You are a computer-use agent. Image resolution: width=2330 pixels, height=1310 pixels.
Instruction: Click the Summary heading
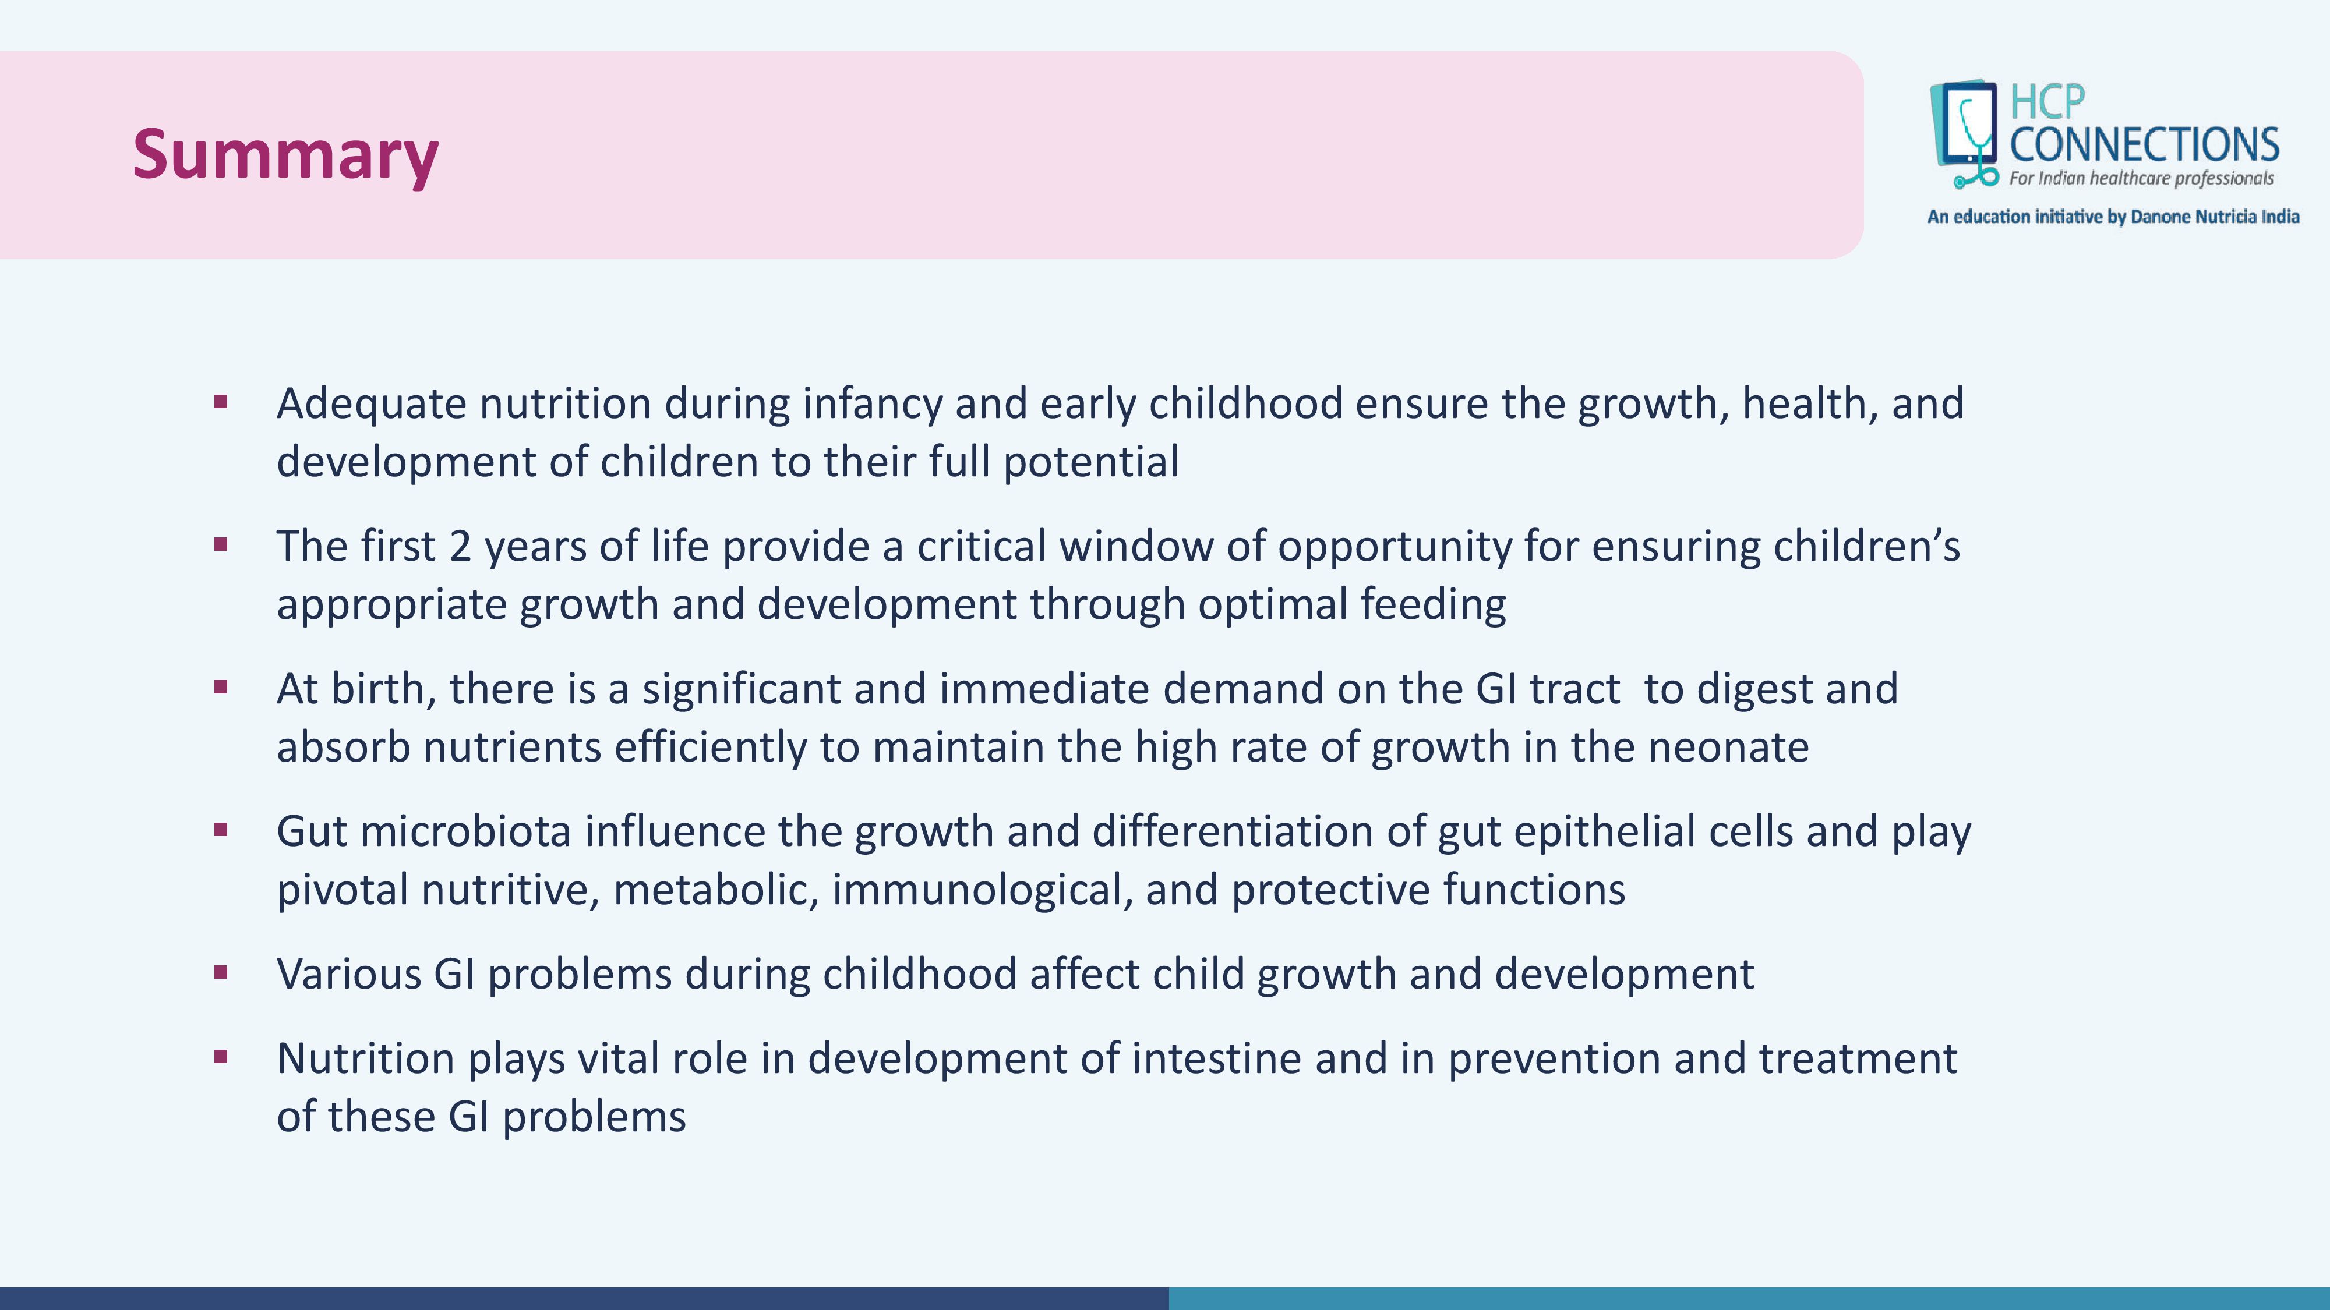tap(286, 155)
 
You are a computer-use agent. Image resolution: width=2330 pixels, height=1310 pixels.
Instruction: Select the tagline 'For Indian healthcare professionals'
tap(2141, 178)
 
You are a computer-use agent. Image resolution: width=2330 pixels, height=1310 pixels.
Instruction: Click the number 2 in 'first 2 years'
tap(460, 546)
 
